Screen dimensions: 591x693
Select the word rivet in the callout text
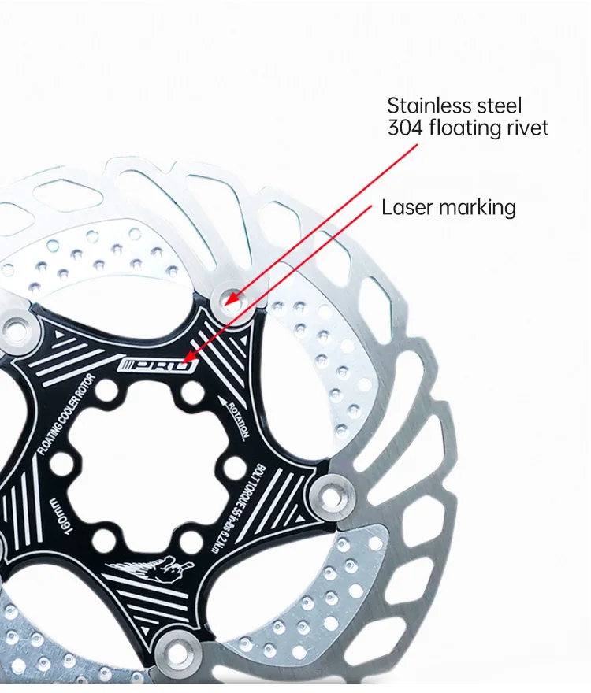click(525, 128)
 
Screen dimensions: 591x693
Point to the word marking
click(478, 209)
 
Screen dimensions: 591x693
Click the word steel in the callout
click(500, 106)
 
